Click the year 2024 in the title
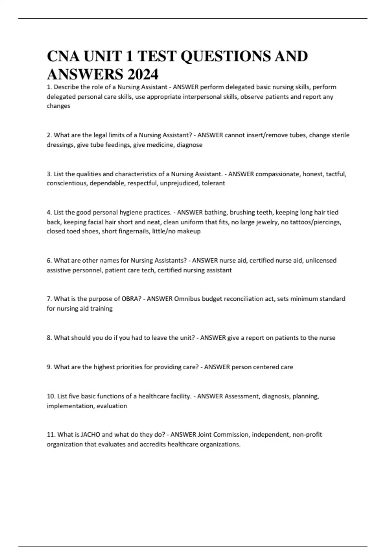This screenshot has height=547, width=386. tap(143, 75)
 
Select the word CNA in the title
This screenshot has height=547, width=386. tap(63, 56)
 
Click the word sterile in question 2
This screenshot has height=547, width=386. tap(340, 135)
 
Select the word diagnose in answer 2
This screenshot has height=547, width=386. tap(189, 145)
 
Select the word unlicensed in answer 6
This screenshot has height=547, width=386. tap(321, 260)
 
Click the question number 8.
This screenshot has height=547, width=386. tap(49, 338)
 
